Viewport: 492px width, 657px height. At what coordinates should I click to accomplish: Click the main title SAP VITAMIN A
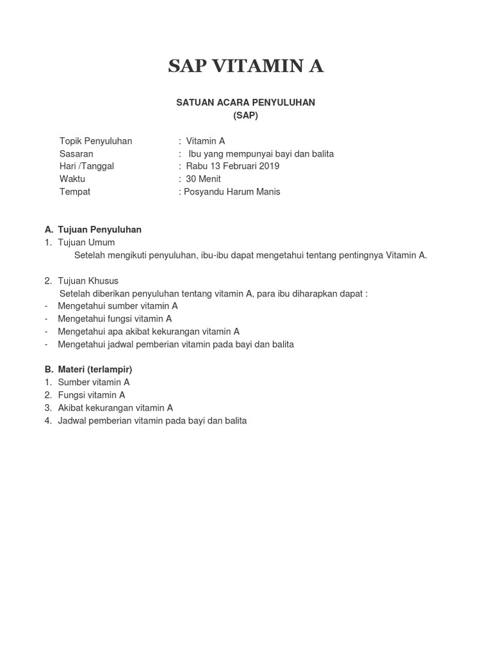(246, 66)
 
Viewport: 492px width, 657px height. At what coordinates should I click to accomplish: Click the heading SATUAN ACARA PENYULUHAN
(246, 103)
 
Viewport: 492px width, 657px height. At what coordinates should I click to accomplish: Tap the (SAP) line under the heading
(246, 115)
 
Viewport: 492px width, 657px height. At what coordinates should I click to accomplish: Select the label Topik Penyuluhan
(95, 141)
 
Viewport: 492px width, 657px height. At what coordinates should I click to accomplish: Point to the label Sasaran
(76, 154)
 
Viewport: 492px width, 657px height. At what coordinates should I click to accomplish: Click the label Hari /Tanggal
(86, 166)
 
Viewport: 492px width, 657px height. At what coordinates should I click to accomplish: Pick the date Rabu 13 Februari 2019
(233, 166)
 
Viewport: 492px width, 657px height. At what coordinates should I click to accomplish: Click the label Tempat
(75, 192)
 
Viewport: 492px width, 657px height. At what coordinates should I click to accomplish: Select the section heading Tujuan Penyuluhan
(99, 230)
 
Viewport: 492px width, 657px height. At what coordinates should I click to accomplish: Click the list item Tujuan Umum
(86, 243)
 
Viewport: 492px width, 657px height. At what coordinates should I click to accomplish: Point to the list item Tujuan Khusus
(88, 280)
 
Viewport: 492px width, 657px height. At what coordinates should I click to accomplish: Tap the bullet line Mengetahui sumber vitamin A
(118, 306)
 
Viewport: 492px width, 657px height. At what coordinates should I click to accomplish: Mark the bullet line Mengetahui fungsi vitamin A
(115, 319)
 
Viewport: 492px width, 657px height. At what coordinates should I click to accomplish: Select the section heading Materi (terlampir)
(95, 370)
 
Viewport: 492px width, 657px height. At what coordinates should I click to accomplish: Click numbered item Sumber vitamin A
(94, 382)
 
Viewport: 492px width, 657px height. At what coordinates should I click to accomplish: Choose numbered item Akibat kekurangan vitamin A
(115, 407)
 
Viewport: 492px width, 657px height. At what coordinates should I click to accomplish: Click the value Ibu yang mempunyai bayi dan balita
(261, 154)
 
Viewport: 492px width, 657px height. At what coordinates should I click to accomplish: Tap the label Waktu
(72, 179)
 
